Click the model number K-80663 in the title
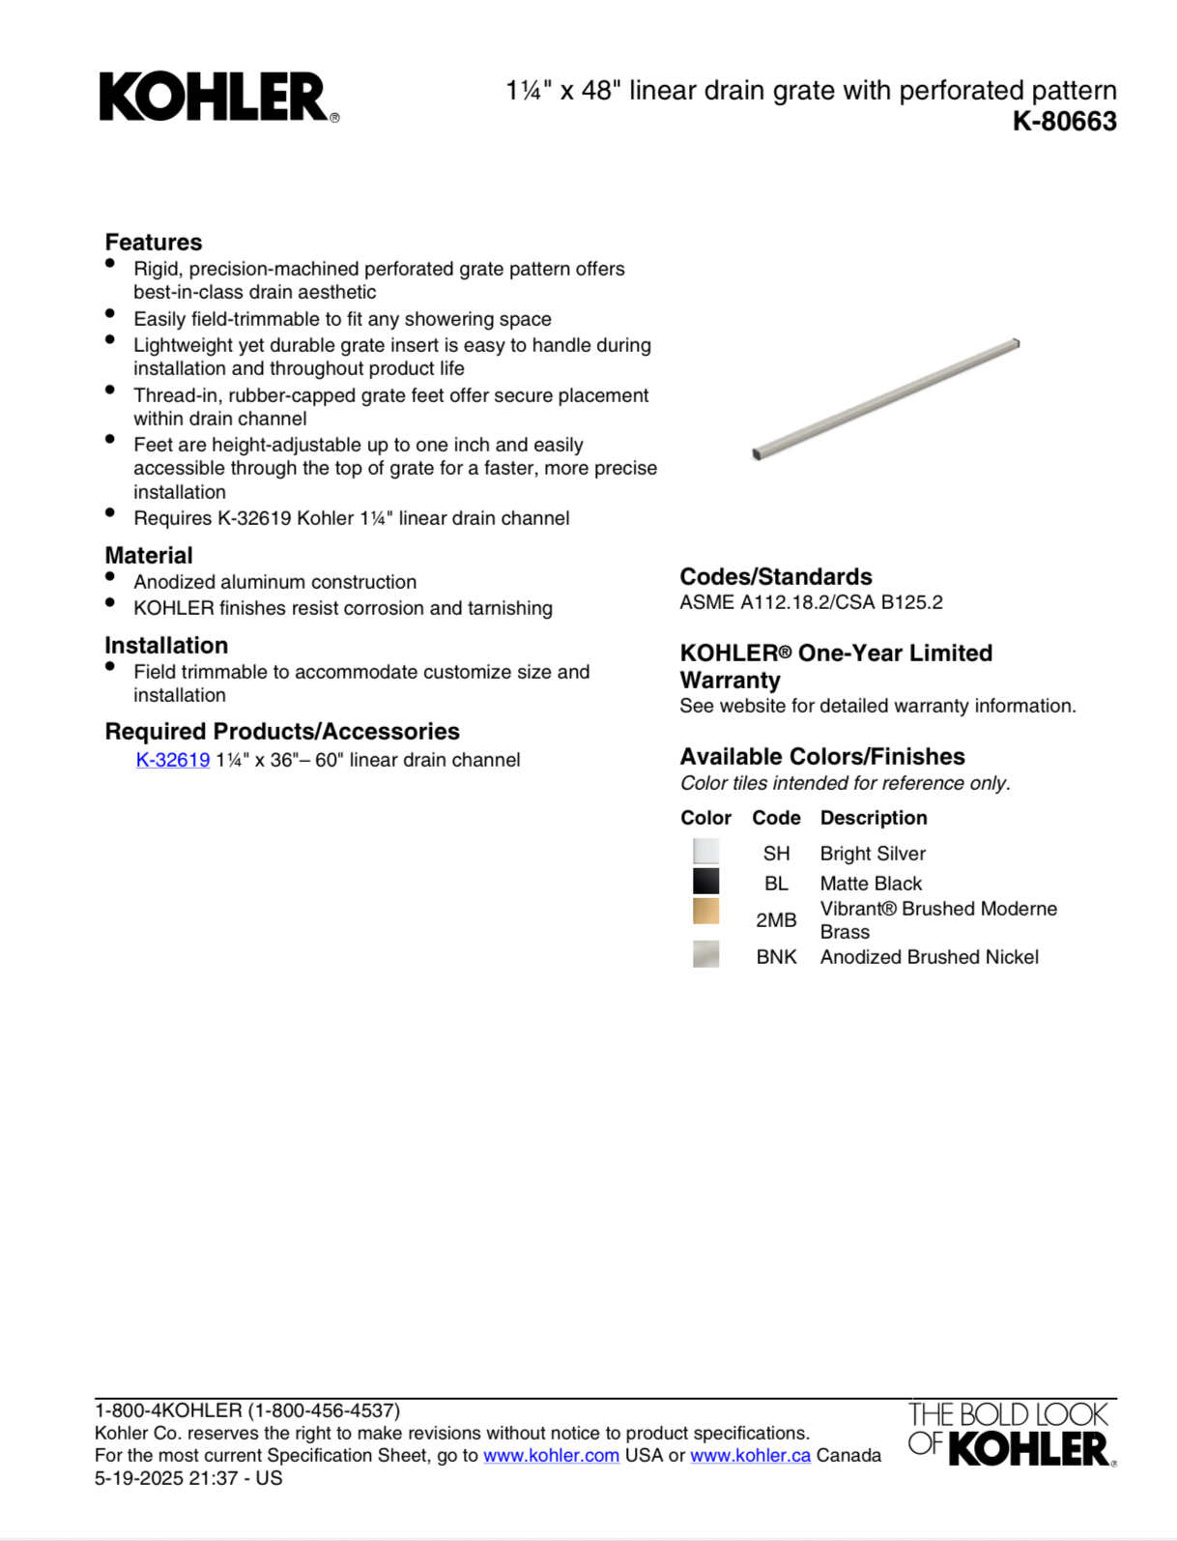tap(1064, 122)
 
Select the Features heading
tap(154, 242)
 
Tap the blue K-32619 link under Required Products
tap(173, 760)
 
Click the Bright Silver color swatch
tap(705, 852)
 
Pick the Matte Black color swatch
tap(705, 882)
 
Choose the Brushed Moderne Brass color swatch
tap(705, 912)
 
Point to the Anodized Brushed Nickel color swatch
tap(705, 955)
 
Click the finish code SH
tap(776, 854)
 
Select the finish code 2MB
tap(776, 920)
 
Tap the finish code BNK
tap(776, 957)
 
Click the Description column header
tap(874, 818)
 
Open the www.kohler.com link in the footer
tap(551, 1455)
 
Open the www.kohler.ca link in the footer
tap(750, 1455)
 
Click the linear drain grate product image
tap(886, 398)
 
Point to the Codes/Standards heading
tap(776, 577)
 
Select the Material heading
tap(149, 556)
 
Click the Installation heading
tap(166, 646)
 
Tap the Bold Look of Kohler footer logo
tap(1011, 1434)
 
